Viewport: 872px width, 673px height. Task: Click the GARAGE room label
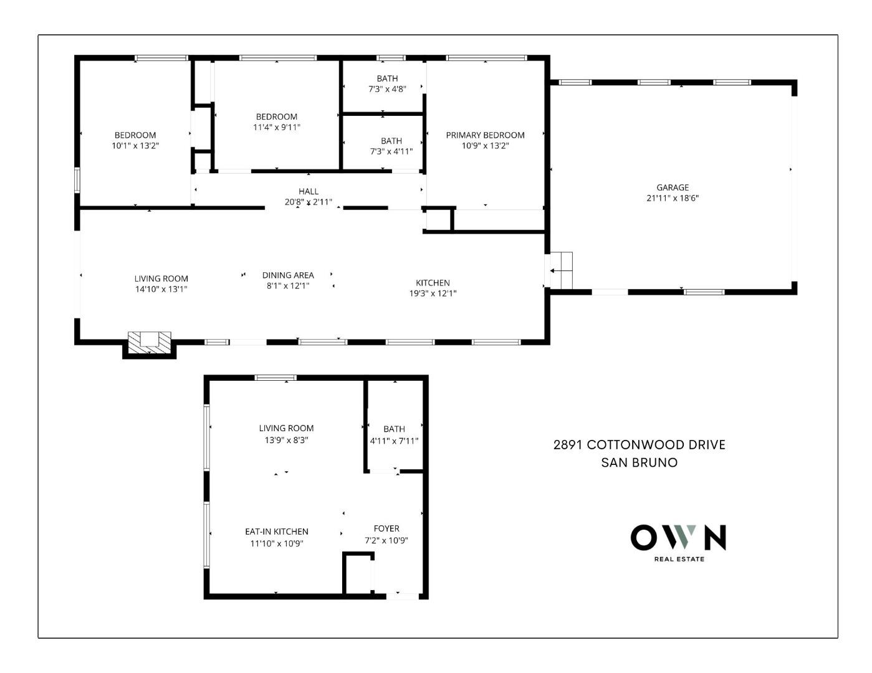673,188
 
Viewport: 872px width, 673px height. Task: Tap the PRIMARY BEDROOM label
485,135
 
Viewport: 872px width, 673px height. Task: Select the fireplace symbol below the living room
150,343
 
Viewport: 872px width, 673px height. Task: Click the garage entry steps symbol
562,271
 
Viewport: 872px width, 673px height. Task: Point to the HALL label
309,191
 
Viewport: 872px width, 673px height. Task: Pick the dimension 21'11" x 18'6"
673,199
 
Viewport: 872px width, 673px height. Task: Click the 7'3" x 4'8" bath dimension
387,89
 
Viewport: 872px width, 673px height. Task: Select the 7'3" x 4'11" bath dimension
391,151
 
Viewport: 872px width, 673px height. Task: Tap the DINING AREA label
288,275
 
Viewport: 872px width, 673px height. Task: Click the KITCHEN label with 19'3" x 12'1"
433,283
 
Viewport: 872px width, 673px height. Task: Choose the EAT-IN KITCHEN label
276,532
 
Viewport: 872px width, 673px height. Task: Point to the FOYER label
386,528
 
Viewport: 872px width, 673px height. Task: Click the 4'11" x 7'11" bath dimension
394,441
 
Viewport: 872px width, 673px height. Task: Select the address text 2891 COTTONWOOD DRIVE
640,445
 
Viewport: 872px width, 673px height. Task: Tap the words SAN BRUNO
640,462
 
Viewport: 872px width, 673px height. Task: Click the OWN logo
678,537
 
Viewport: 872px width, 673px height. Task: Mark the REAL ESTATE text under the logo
679,559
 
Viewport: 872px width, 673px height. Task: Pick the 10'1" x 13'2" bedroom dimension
135,146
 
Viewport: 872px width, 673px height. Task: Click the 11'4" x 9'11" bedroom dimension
277,128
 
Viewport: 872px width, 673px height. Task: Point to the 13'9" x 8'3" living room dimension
287,440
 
